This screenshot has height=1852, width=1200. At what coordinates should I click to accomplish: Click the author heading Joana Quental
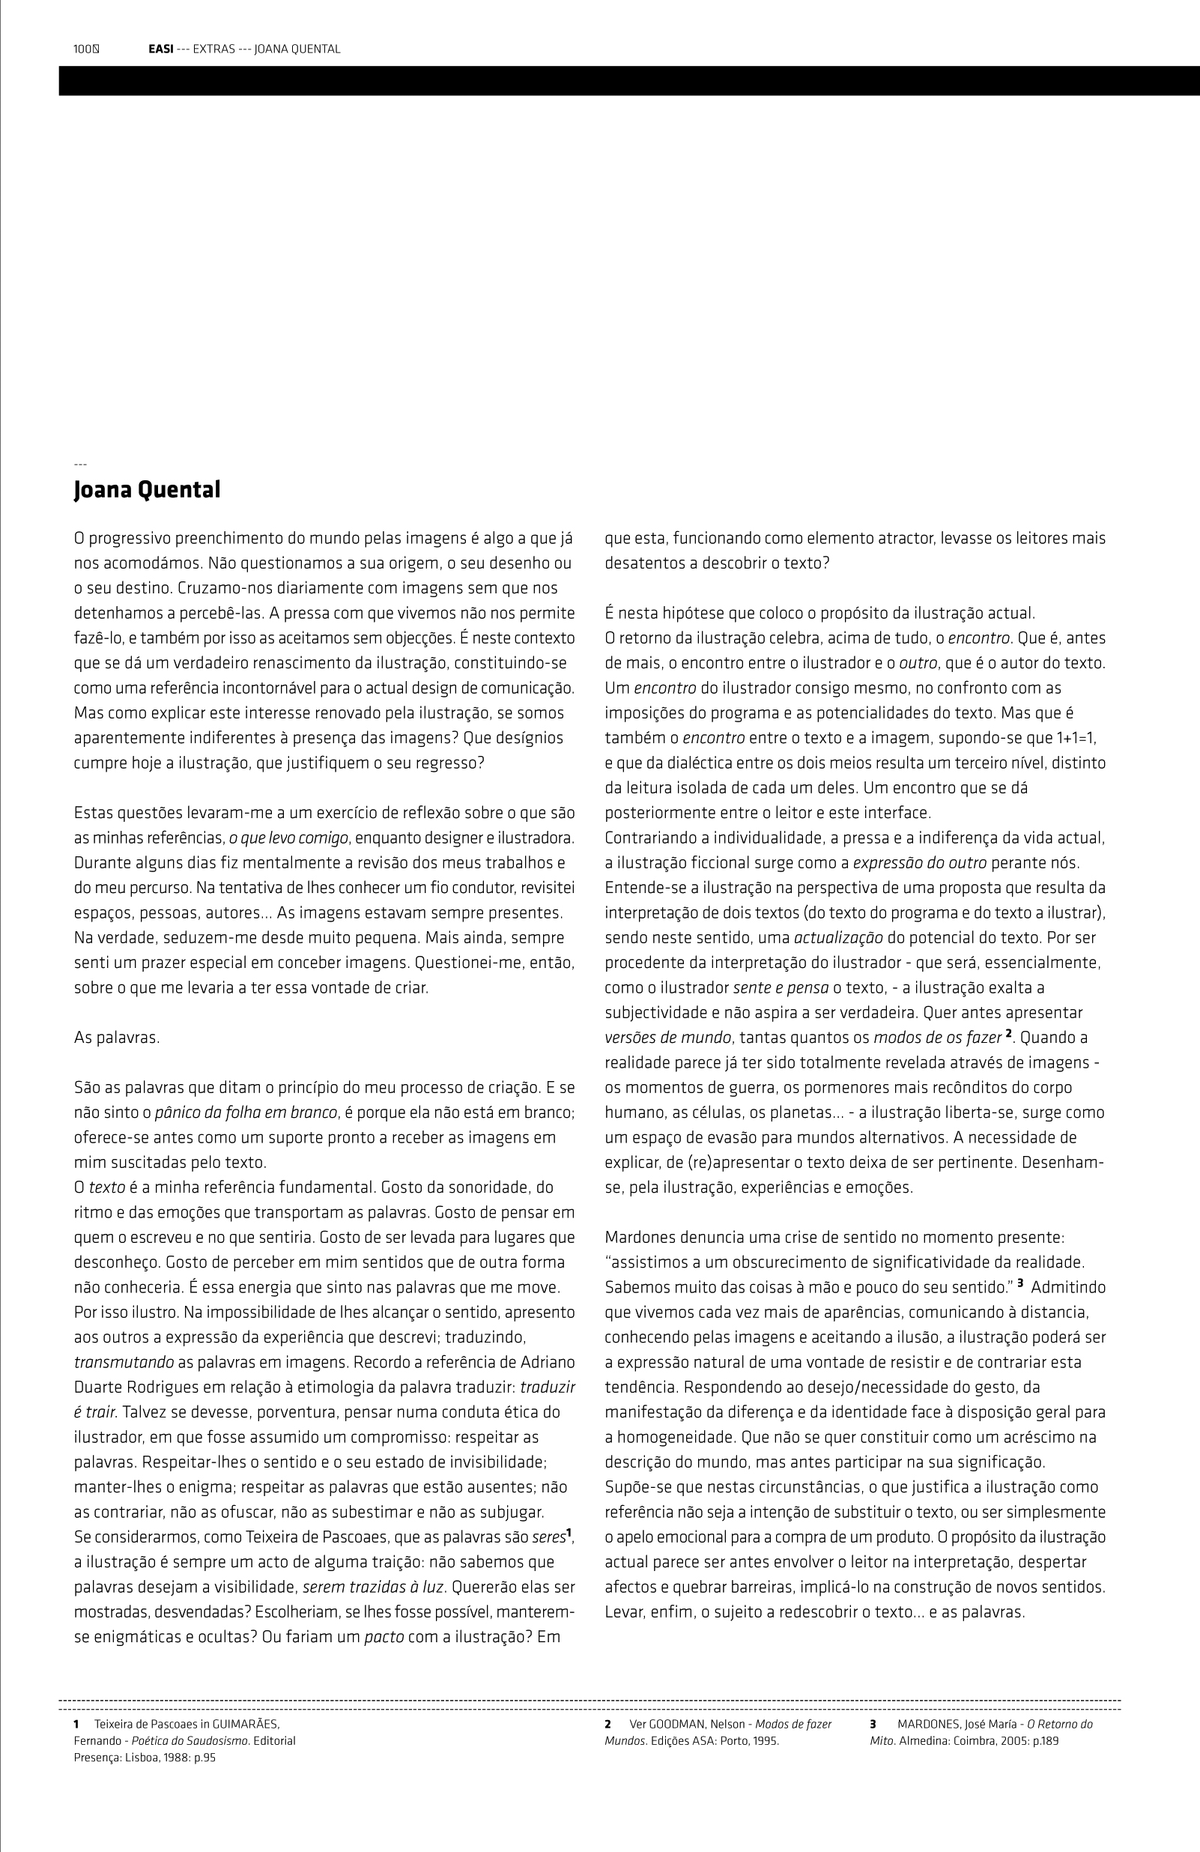147,490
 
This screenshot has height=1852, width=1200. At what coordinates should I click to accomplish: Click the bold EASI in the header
160,49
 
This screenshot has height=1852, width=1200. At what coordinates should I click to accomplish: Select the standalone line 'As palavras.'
117,1038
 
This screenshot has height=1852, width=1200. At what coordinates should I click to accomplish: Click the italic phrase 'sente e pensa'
781,988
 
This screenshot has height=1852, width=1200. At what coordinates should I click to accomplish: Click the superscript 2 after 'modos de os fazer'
1008,1034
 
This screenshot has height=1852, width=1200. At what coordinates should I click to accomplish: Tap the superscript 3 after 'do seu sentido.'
1019,1283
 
